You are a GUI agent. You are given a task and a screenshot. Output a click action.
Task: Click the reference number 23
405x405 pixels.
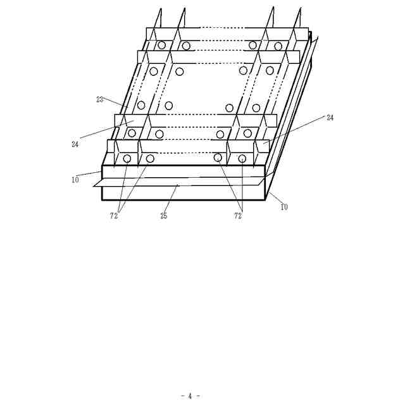(x=100, y=99)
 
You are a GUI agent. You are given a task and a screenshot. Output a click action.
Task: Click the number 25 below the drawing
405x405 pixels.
(x=164, y=216)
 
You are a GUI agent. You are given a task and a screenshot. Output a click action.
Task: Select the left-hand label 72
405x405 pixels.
(x=114, y=216)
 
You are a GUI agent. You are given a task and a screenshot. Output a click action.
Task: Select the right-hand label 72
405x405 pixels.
(x=238, y=216)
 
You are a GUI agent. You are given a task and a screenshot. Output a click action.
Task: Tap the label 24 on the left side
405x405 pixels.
(x=75, y=144)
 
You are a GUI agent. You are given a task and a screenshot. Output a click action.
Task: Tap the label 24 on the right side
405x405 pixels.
(x=330, y=118)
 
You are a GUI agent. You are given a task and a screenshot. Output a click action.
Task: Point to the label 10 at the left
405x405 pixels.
(x=75, y=180)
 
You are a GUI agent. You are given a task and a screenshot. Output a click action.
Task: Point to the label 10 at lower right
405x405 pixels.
(x=284, y=207)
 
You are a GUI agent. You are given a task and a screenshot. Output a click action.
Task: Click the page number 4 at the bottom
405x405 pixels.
(x=190, y=396)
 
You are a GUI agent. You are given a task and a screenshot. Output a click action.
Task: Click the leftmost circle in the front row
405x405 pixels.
(x=127, y=158)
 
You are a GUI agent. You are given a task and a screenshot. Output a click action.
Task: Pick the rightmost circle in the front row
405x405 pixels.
(x=242, y=158)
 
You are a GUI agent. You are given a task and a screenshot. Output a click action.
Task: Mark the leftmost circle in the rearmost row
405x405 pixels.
(x=162, y=45)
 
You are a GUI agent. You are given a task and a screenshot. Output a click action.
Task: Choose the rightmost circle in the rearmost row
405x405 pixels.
(x=278, y=46)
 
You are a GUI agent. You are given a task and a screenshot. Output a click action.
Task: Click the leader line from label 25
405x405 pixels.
(x=171, y=199)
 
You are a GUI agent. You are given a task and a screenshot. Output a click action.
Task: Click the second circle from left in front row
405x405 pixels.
(x=151, y=158)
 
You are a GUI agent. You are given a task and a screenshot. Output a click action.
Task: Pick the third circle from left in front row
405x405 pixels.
(x=218, y=158)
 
